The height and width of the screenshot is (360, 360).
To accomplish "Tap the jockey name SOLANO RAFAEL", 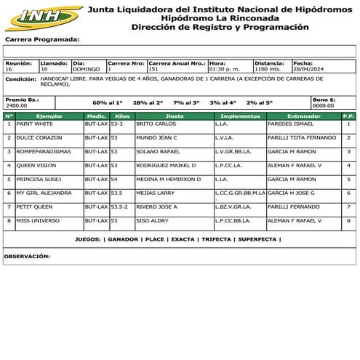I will [156, 151].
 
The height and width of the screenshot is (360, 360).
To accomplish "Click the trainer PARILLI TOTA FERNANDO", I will [301, 137].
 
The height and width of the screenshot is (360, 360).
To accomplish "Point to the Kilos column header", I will [122, 116].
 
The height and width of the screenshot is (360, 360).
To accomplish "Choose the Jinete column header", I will [174, 116].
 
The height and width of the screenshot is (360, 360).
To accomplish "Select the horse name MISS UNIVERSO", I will [36, 220].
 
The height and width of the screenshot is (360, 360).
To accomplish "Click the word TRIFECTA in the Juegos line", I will [216, 239].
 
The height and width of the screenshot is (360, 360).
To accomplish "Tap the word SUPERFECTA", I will [257, 239].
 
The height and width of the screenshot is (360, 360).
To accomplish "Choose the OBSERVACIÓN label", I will [27, 256].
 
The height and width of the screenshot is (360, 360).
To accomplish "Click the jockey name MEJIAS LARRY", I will [155, 193].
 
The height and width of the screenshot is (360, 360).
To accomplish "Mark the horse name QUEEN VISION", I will [36, 165].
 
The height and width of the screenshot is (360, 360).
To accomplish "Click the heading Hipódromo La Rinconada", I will [220, 18].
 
